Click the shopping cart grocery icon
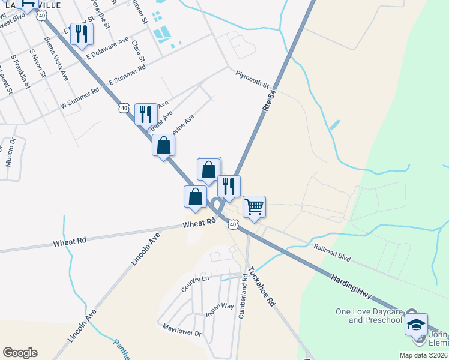tap(254, 206)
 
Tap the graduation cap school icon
tap(416, 325)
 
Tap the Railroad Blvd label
tap(331, 252)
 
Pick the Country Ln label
tap(196, 283)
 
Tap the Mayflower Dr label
tap(182, 331)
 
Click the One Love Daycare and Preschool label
tap(369, 316)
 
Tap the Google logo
tap(20, 353)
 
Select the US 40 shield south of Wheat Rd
tap(233, 224)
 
